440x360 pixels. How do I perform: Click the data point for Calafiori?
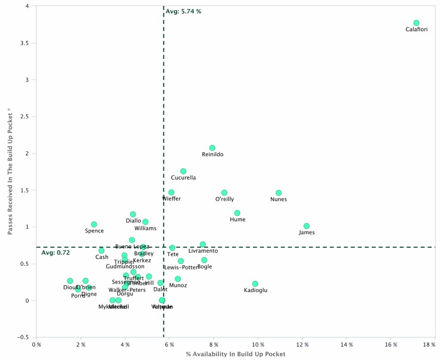point(416,23)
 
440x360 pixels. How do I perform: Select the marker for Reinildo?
point(212,148)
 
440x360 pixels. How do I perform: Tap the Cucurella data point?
point(183,171)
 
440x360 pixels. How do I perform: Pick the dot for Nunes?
point(278,193)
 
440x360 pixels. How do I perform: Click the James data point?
point(306,226)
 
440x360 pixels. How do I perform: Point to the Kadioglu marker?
point(255,284)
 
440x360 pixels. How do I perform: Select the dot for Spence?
point(94,225)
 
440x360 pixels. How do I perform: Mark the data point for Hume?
point(237,213)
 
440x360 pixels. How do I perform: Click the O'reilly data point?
point(224,193)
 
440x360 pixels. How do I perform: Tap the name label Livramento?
point(203,251)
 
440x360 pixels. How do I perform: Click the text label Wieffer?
point(171,199)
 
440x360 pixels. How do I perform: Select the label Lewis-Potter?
point(181,267)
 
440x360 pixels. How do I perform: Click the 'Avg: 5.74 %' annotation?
point(183,12)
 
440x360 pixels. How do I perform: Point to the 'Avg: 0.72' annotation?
point(55,252)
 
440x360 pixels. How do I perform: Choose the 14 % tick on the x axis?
point(347,345)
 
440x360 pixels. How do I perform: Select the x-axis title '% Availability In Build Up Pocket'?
point(235,354)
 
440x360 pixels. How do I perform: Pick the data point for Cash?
point(101,250)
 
